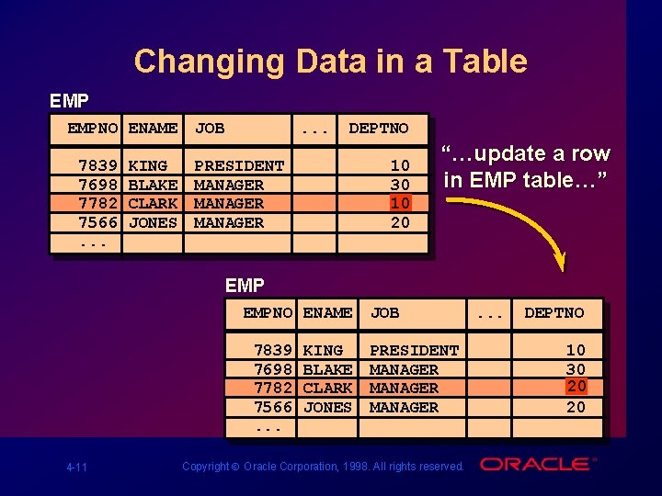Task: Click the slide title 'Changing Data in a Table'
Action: [330, 62]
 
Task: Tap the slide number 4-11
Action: [76, 468]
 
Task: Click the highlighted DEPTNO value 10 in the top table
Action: [400, 203]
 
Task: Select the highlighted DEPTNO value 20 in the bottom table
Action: [576, 387]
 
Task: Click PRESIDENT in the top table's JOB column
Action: [239, 166]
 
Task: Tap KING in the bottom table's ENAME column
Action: [323, 351]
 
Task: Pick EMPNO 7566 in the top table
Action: [98, 222]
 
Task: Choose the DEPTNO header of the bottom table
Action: [554, 312]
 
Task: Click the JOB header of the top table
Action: [210, 128]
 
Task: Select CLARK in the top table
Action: [153, 203]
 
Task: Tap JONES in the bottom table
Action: [327, 407]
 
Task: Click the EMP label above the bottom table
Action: [245, 286]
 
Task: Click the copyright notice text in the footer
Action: [323, 467]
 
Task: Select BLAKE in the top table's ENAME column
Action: [153, 185]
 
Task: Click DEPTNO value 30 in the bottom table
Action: [576, 369]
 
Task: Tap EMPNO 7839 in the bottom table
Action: [273, 351]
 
